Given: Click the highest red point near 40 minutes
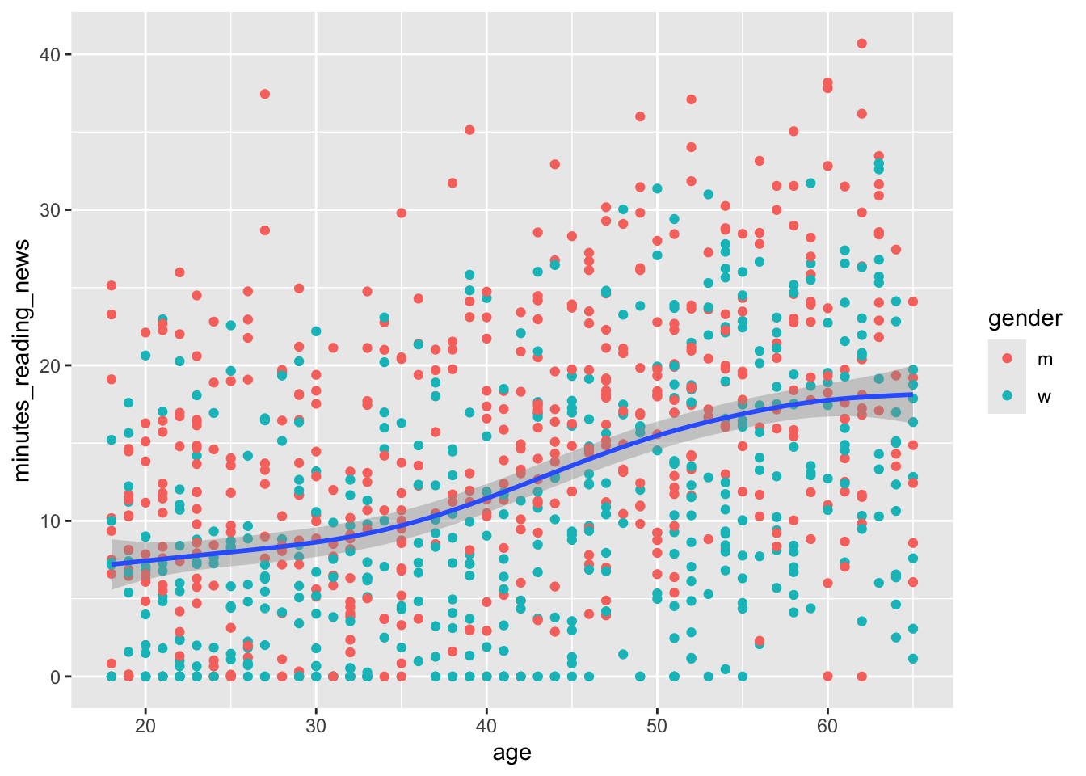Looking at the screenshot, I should (x=861, y=44).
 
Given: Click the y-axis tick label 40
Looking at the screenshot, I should (x=50, y=54).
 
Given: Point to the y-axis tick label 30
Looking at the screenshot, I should (x=50, y=210).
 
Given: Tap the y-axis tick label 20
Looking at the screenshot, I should (x=50, y=365).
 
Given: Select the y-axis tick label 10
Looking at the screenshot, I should (x=50, y=521).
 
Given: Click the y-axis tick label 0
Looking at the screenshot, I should (x=55, y=677).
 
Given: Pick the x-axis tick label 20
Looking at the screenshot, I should (x=145, y=725).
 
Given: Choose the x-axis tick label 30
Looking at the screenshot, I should (x=316, y=725).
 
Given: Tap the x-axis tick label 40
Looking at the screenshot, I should (x=486, y=725).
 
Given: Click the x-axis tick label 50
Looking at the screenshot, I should (x=657, y=725).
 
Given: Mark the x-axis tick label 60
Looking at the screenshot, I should (x=827, y=725).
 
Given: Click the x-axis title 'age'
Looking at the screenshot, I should (x=511, y=753).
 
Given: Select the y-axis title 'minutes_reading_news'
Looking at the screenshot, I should (x=23, y=360).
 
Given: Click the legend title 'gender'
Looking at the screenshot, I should (x=1025, y=318).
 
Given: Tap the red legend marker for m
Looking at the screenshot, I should (x=1007, y=358).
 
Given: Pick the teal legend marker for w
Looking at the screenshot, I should (x=1007, y=396).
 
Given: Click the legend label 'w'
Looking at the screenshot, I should (x=1045, y=397).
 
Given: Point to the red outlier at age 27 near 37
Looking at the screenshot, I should (x=264, y=94).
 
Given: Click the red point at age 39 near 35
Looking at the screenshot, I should (x=469, y=130).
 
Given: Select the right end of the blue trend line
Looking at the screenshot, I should (x=912, y=394).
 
